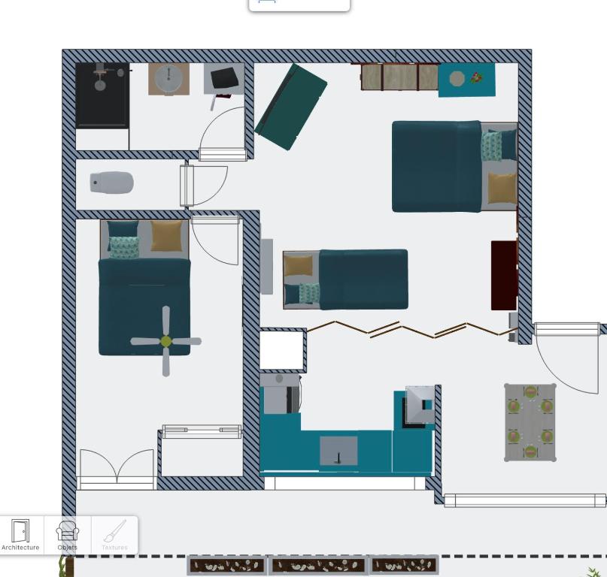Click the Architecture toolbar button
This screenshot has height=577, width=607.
tap(20, 535)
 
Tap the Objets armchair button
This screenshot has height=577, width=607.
tap(68, 535)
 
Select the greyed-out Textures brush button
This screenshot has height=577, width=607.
tap(114, 535)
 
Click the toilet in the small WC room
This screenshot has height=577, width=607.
tap(112, 182)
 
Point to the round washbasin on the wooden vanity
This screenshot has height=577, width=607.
tap(168, 79)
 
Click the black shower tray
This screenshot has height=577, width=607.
tap(102, 95)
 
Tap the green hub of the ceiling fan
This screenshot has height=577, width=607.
tap(165, 341)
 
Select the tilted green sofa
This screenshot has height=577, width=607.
tap(291, 107)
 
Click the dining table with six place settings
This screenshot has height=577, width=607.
tap(530, 422)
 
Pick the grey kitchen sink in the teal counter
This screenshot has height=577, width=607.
tap(338, 451)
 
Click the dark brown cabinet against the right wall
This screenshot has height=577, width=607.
tap(504, 275)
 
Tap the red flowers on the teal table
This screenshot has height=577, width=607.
tap(477, 77)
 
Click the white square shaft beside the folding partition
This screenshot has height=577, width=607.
tap(281, 350)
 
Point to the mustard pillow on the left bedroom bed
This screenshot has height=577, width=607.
tap(166, 235)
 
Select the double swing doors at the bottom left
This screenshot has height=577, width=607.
tap(117, 469)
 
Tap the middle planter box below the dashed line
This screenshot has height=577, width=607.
tap(318, 566)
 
